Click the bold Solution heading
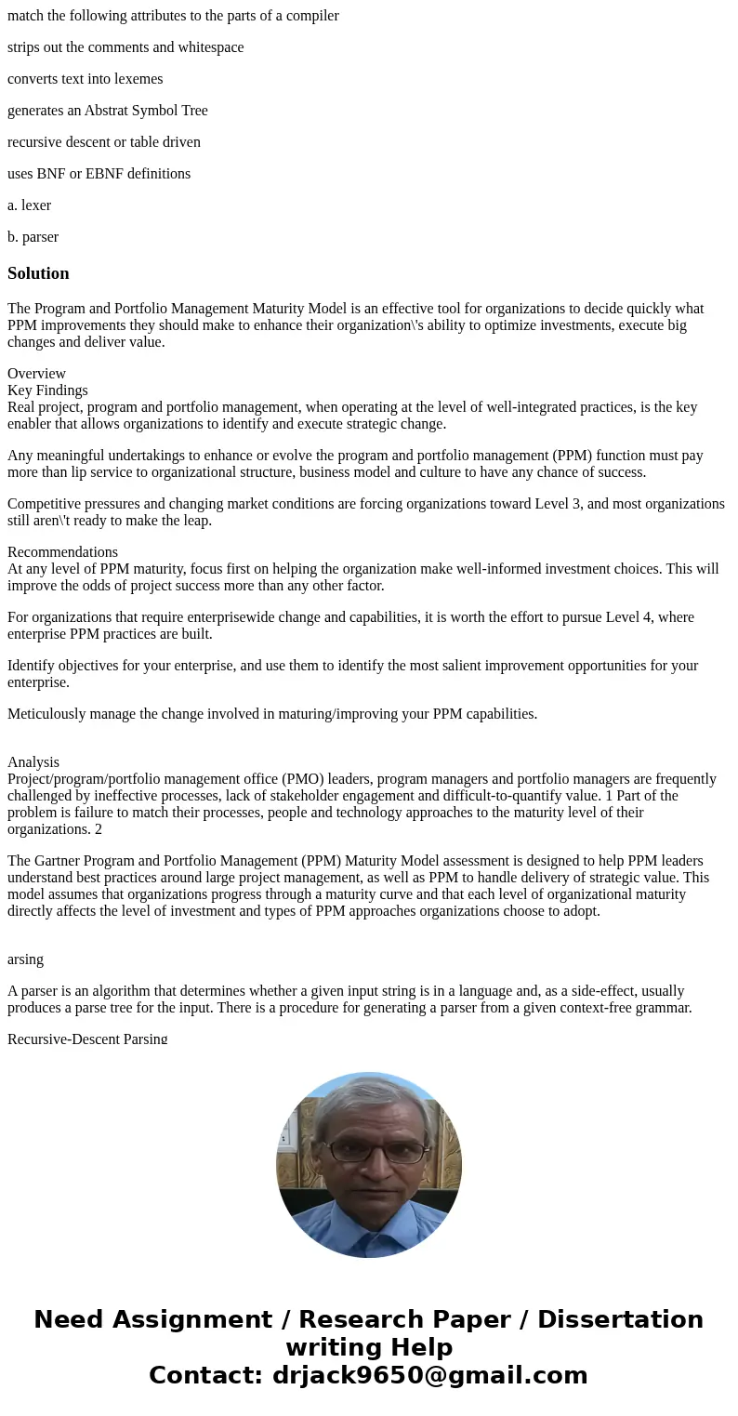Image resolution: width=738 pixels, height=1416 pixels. coord(38,273)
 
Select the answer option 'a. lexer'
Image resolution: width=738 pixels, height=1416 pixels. coord(29,205)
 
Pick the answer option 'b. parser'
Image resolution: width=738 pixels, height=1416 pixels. coord(33,237)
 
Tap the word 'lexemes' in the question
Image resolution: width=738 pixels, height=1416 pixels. coord(138,79)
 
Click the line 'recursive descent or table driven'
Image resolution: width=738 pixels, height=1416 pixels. coord(104,142)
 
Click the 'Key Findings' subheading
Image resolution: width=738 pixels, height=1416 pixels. coord(47,390)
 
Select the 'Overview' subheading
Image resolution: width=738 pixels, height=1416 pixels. coord(36,374)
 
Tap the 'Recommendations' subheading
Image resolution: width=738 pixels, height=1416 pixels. coord(62,552)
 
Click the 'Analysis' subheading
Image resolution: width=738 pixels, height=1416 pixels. coord(33,762)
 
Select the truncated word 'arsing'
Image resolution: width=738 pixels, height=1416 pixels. coord(25,959)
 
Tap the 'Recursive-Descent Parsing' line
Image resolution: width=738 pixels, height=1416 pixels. coord(87,1039)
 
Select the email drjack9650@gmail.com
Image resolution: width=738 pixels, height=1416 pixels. coord(429,1375)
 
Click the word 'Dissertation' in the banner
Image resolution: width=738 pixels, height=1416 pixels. coord(620,1319)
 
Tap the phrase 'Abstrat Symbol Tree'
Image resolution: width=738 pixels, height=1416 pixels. coord(146,111)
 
